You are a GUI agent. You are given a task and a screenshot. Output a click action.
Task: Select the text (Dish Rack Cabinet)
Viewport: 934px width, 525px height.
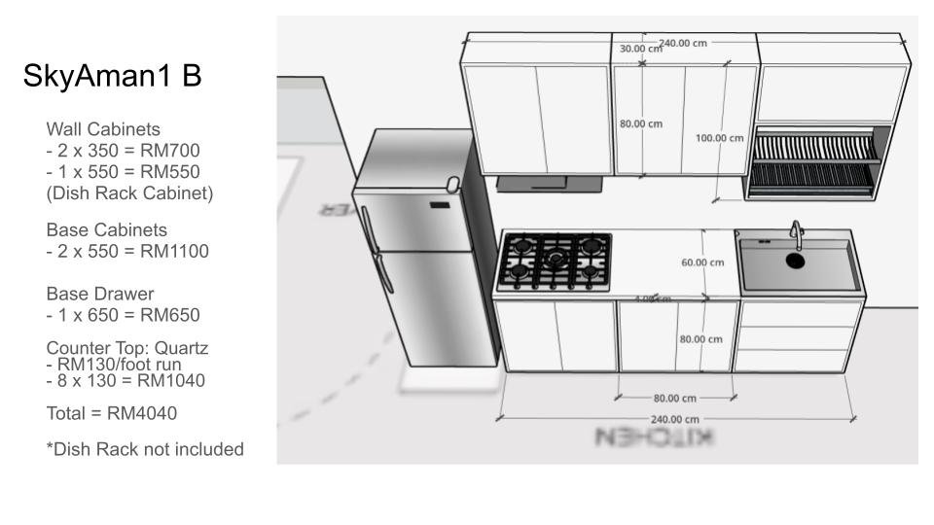point(129,192)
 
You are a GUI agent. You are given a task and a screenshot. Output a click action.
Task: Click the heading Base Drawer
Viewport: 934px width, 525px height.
point(99,293)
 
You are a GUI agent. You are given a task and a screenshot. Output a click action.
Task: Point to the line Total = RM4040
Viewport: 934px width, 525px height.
point(111,414)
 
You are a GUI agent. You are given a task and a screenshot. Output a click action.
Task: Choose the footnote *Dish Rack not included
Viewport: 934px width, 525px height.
point(144,449)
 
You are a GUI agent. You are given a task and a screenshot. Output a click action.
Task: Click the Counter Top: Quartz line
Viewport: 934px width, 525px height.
point(126,348)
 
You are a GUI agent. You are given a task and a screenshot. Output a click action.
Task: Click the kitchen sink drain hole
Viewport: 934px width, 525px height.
point(795,261)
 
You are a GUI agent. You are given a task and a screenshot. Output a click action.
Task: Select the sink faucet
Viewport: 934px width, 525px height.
point(796,233)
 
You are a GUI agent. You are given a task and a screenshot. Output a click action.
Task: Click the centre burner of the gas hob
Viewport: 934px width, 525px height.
point(555,260)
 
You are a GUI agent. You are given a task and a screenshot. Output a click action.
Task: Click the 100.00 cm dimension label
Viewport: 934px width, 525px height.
point(719,138)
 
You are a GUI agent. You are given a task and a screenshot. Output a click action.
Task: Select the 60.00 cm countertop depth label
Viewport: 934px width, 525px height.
point(702,262)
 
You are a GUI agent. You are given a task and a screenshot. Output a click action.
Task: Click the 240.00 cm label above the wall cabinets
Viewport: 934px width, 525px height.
point(683,43)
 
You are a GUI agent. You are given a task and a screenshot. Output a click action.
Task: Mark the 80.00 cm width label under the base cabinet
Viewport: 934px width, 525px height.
point(674,398)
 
